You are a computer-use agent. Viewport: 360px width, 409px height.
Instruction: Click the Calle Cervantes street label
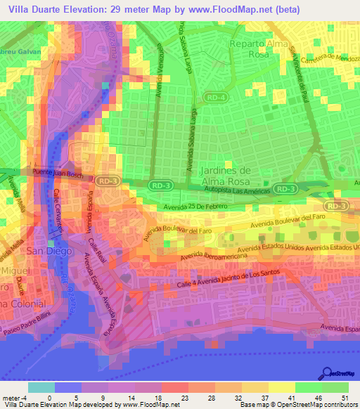(x=61, y=210)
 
